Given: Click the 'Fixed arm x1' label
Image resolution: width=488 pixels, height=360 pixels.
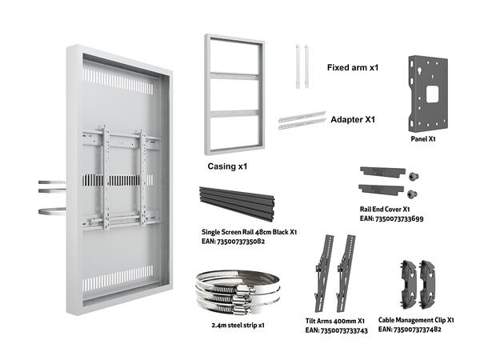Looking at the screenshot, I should point(352,68).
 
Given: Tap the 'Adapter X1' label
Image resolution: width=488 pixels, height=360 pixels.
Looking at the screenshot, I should point(353,119).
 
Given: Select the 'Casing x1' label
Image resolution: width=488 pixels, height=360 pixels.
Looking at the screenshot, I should point(227,168).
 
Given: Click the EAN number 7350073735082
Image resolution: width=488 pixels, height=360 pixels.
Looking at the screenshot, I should point(234,240).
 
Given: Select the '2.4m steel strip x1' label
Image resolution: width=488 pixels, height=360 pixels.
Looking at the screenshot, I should point(238,326).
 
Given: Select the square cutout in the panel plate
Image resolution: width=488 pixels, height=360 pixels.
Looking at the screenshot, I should point(433,93).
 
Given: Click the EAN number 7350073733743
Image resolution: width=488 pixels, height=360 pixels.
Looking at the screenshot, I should point(336,329).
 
